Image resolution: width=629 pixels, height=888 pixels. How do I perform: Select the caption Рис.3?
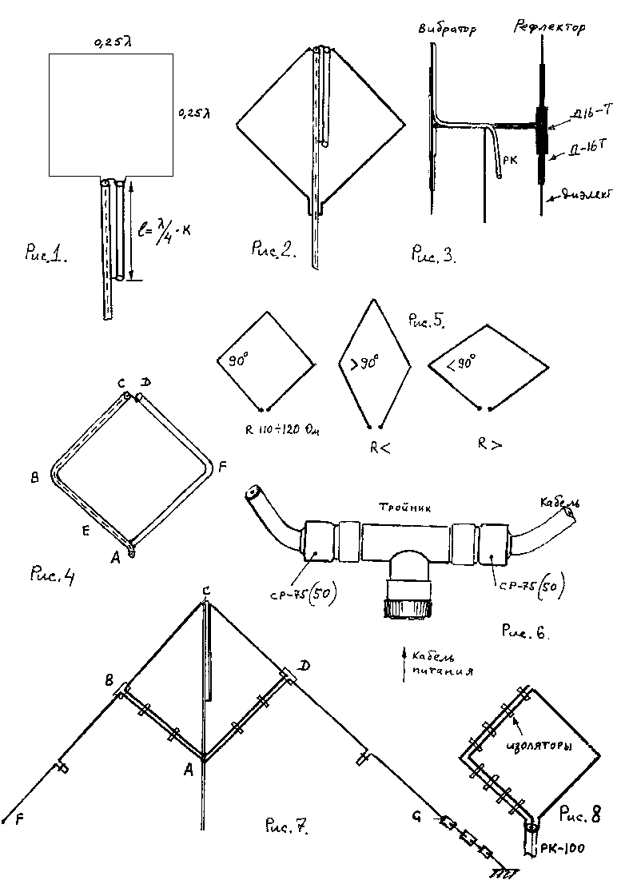432,256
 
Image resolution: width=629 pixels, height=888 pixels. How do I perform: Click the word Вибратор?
447,31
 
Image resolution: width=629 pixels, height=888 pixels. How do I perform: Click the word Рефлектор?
548,29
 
